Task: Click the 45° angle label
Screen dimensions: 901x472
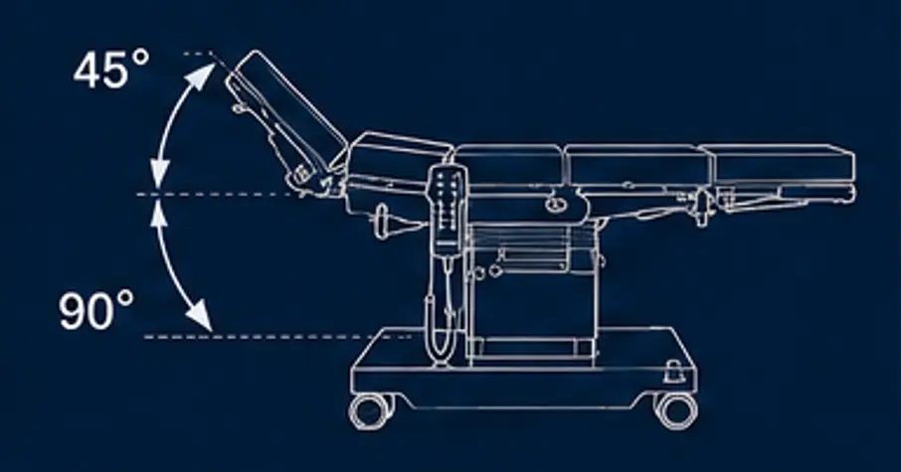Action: pos(111,70)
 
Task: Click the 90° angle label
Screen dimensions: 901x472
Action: pos(95,311)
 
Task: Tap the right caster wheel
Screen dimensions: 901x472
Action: pos(677,410)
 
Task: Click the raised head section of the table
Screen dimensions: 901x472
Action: pos(285,116)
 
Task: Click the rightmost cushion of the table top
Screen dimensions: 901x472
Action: pos(784,164)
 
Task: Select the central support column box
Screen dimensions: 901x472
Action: pos(531,293)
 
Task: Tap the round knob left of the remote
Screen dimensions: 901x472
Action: pos(383,221)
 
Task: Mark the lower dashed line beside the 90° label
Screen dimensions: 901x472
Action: pos(277,337)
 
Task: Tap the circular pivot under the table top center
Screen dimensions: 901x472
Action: pos(553,204)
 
